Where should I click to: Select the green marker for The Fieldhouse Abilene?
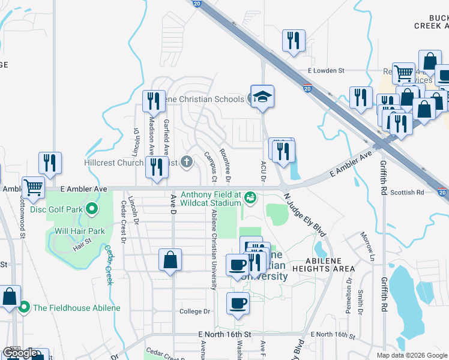(24, 308)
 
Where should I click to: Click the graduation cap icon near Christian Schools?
(262, 97)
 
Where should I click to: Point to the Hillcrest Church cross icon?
(187, 162)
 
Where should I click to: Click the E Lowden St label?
(325, 70)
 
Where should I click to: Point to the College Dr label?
(195, 311)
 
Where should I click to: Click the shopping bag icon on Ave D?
(170, 260)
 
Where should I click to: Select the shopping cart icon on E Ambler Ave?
(33, 187)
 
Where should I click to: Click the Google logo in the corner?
(20, 353)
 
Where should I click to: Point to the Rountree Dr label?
(225, 165)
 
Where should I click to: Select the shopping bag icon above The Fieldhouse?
(10, 296)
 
